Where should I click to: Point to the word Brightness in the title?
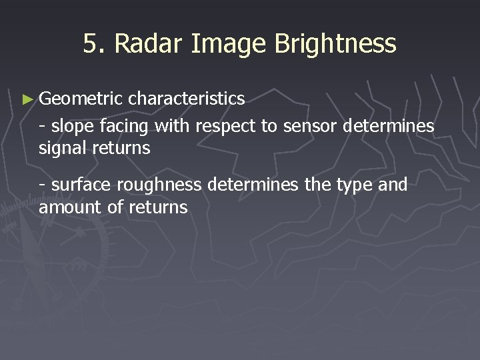(x=335, y=44)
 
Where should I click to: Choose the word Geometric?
(x=81, y=99)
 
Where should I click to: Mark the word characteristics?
(x=187, y=99)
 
